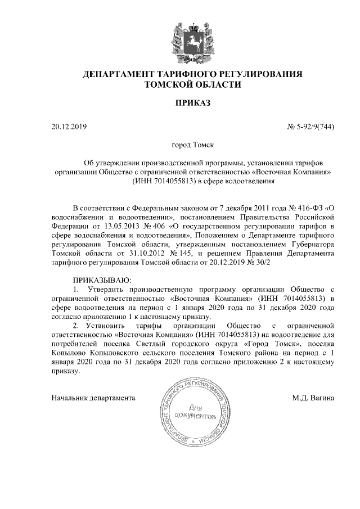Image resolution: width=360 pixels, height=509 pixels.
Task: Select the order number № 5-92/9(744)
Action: [x=311, y=127]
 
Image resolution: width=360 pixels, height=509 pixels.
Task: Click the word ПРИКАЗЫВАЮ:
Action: [x=102, y=280]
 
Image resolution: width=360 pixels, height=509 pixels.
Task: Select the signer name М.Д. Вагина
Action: [x=313, y=398]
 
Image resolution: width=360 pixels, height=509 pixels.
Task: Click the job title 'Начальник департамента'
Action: [x=93, y=398]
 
